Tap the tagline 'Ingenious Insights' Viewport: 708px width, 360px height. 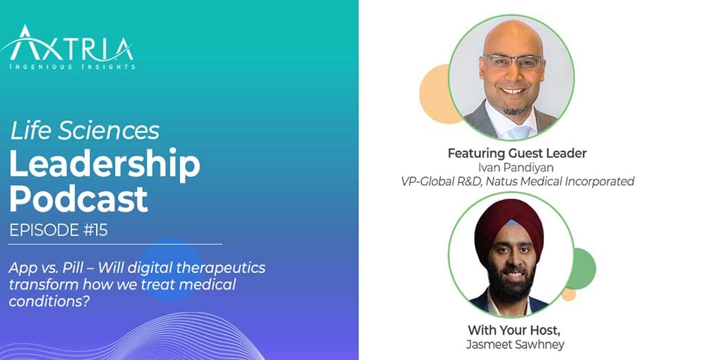(x=72, y=66)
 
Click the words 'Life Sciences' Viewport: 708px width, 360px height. (x=84, y=130)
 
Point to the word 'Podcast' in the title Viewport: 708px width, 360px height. (x=78, y=198)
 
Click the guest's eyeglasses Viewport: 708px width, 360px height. (x=512, y=61)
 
